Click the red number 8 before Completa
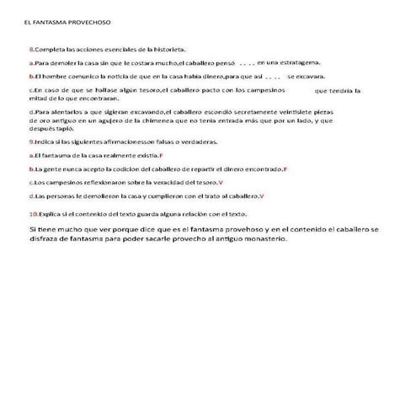[30, 50]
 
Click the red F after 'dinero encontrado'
[285, 169]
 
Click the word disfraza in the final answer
[46, 238]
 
